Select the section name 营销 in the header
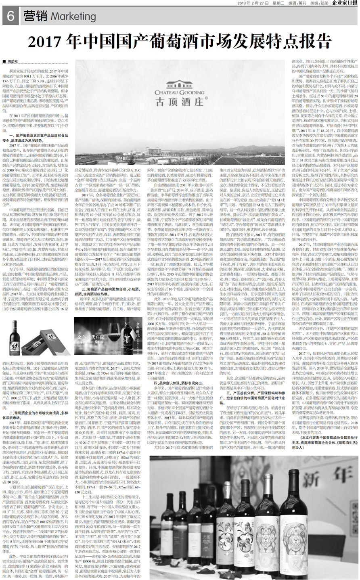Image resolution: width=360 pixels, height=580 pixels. click(36, 16)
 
